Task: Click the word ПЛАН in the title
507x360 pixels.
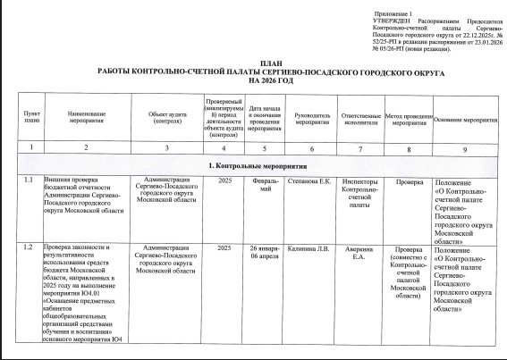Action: click(257, 61)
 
